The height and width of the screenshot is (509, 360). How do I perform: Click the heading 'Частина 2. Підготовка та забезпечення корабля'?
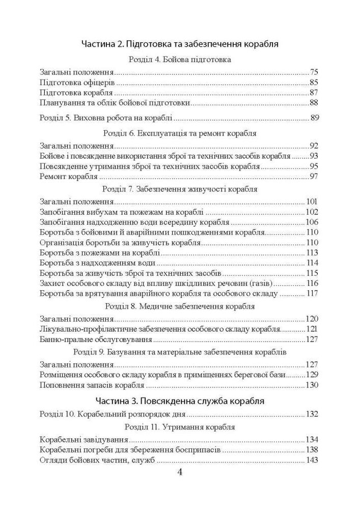pos(180,44)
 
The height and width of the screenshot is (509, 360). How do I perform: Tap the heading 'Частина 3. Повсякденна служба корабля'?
pos(180,400)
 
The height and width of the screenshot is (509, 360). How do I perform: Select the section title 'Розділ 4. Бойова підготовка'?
pos(180,60)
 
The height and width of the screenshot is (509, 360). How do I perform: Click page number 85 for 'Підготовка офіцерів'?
pos(314,82)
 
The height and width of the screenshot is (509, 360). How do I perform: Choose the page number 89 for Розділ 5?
pos(314,118)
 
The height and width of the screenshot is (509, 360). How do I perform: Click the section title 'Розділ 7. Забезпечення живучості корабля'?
pos(180,189)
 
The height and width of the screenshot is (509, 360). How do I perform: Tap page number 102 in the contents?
pos(312,212)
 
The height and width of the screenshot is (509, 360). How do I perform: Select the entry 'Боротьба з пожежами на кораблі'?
pos(100,252)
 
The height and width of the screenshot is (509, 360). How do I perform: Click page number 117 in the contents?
pos(312,293)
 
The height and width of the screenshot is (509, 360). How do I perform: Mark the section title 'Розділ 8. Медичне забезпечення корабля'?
pos(180,306)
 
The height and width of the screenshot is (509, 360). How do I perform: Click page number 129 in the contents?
pos(312,375)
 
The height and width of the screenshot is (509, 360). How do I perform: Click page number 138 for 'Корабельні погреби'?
pos(312,450)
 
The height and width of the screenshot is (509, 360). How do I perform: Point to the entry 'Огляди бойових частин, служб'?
pos(97,461)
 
